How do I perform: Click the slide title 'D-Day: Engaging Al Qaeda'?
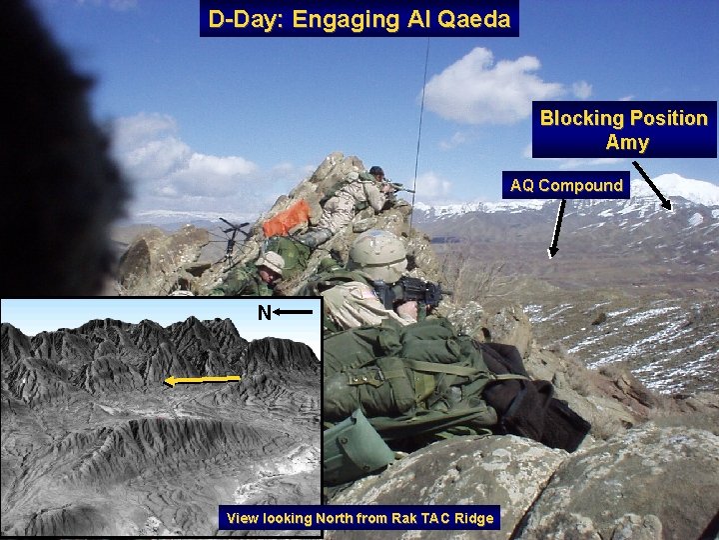tap(359, 19)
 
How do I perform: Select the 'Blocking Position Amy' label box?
tap(624, 130)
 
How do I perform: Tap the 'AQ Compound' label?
tap(565, 185)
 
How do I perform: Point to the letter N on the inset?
tap(264, 313)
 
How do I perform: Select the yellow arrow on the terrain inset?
tap(203, 379)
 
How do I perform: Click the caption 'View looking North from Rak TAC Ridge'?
tap(359, 518)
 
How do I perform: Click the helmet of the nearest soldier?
tap(377, 255)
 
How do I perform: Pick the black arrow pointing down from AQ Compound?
tap(556, 228)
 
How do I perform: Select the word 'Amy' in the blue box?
tap(626, 142)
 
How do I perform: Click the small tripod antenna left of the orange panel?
tap(236, 236)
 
